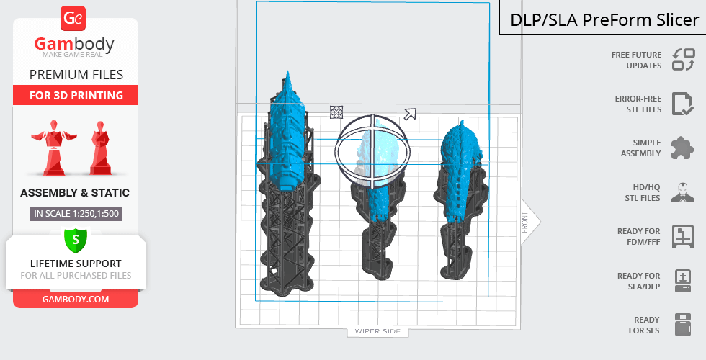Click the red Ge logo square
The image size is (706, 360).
point(73,19)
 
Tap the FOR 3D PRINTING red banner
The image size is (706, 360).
point(76,95)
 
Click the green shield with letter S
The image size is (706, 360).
point(76,240)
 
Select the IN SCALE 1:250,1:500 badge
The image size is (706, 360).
point(76,214)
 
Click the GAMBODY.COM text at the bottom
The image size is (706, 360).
point(76,300)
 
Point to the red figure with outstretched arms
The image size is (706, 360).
point(54,147)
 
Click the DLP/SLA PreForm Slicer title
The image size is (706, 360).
point(604,20)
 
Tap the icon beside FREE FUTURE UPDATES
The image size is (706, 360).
point(684,59)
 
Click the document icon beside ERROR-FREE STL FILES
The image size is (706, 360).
point(682,104)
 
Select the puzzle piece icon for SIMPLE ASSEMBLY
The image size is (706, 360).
point(683,148)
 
